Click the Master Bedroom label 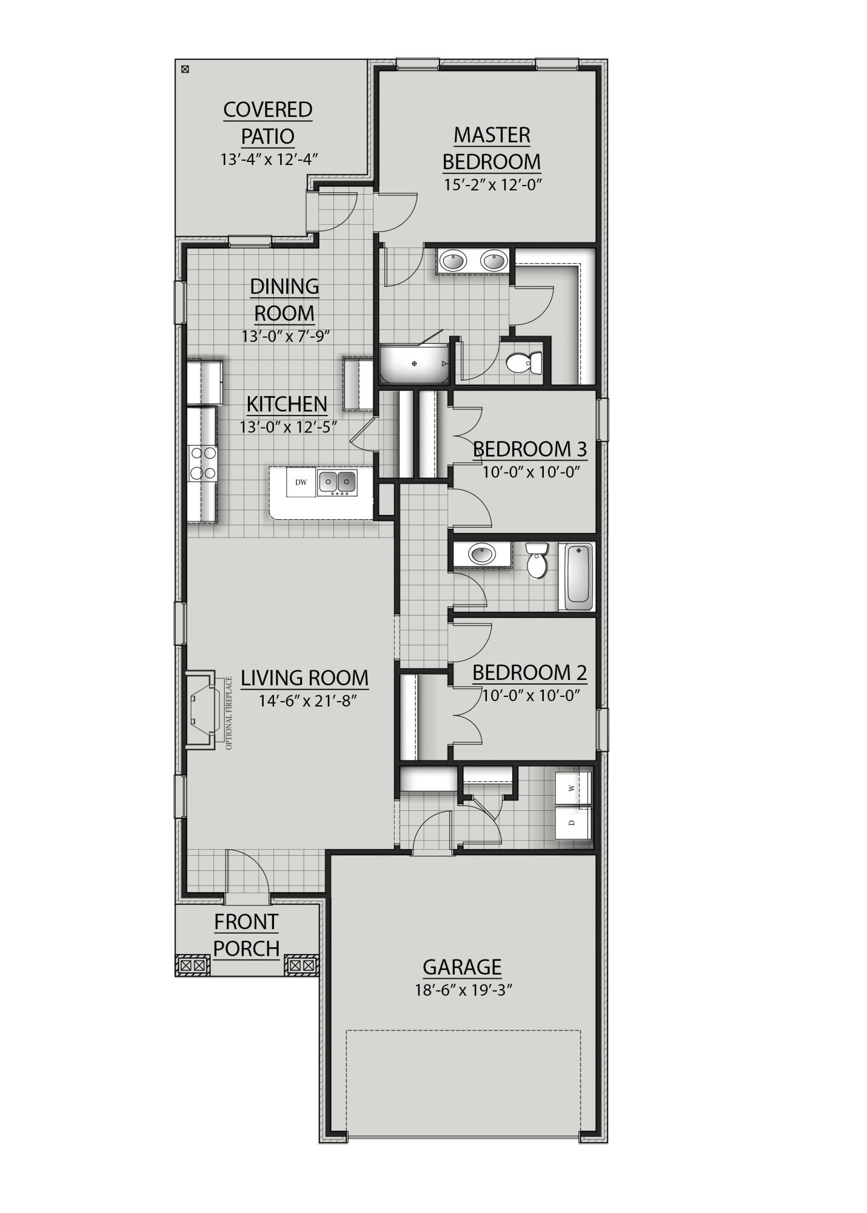click(x=491, y=148)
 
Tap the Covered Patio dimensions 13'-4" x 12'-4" click(x=269, y=160)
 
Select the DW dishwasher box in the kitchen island click(x=301, y=483)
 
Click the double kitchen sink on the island click(x=337, y=482)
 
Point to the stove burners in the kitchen click(x=203, y=462)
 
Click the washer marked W click(x=572, y=788)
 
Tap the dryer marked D click(x=572, y=822)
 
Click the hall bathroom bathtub click(x=579, y=577)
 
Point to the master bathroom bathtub click(x=415, y=364)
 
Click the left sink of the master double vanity click(x=452, y=262)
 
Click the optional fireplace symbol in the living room click(x=202, y=710)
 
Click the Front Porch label click(x=246, y=935)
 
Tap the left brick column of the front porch click(x=193, y=964)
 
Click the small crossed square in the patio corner click(x=186, y=69)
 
